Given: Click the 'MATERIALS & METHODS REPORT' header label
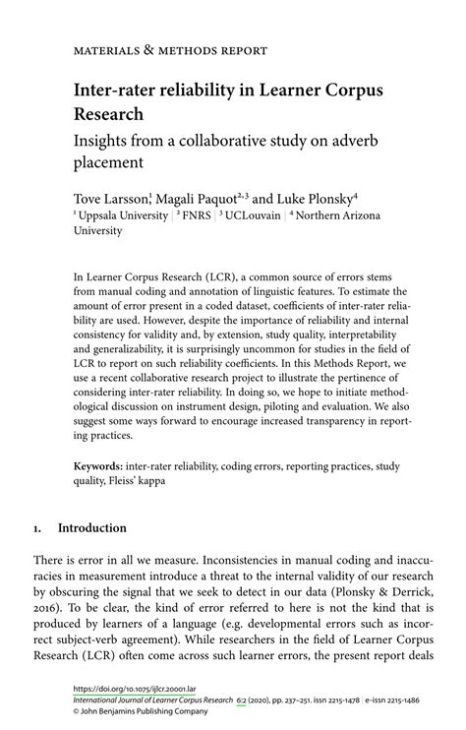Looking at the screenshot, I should point(169,49).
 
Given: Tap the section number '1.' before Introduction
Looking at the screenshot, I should point(38,527).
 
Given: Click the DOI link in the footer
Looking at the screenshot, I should point(124,690).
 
